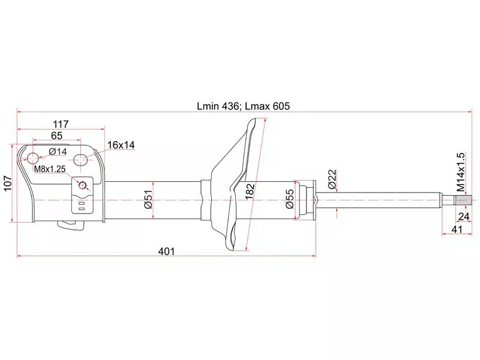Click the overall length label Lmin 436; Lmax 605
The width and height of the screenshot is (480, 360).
pos(243,106)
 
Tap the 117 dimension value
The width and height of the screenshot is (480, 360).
pos(61,124)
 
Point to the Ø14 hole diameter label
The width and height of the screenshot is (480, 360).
pos(58,151)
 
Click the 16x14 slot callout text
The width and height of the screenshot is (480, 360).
pos(122,145)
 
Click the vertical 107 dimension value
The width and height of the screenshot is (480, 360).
pos(8,183)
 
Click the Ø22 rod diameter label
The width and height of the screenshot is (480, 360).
pos(333,178)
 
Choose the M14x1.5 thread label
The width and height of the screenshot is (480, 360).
pos(461,172)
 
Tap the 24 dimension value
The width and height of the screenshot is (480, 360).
pos(464,217)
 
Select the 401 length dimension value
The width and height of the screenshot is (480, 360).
pos(166,252)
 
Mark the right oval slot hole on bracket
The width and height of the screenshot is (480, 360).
pos(81,160)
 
